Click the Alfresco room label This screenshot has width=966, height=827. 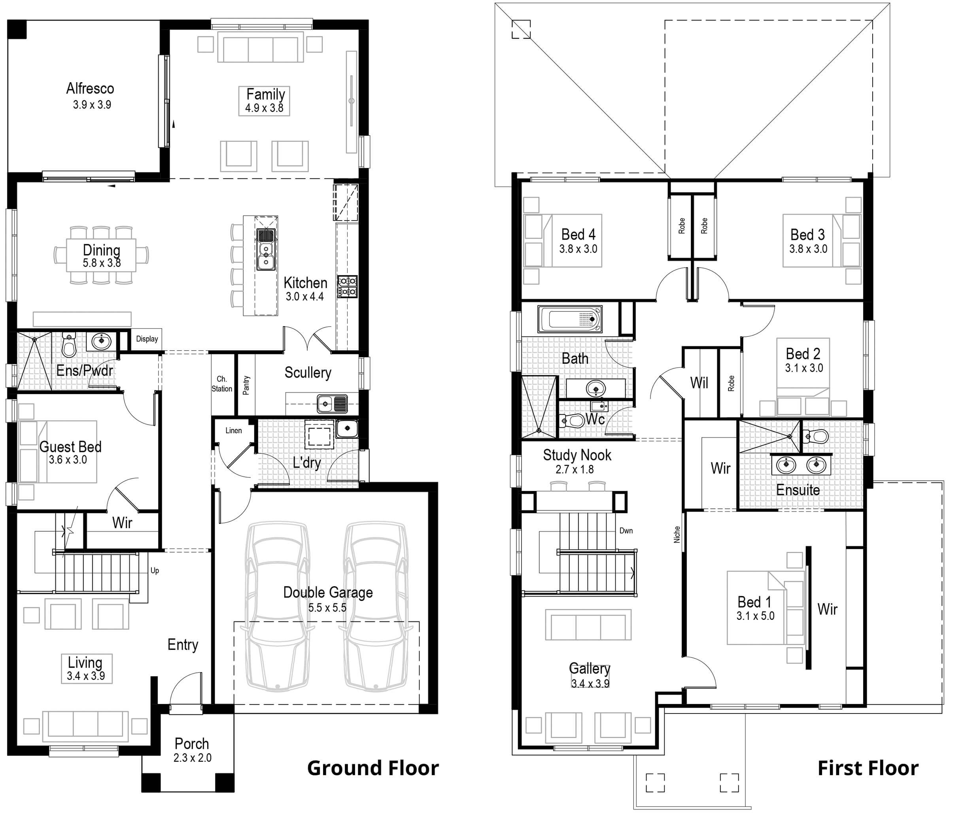pos(90,88)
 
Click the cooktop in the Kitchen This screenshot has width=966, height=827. pos(347,286)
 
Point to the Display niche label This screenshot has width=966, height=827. pos(147,339)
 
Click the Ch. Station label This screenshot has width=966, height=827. pos(222,384)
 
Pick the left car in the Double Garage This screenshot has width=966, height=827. pos(278,606)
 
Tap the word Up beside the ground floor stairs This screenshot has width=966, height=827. pos(155,570)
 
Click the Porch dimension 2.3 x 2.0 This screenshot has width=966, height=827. pos(192,757)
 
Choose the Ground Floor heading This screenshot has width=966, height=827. pos(372,768)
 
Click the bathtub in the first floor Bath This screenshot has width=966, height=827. pos(570,319)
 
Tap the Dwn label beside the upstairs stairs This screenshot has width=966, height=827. pos(626,531)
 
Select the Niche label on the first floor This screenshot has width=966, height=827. pos(677,534)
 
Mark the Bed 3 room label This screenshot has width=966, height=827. pos(807,234)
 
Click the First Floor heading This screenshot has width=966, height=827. pos(868,768)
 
